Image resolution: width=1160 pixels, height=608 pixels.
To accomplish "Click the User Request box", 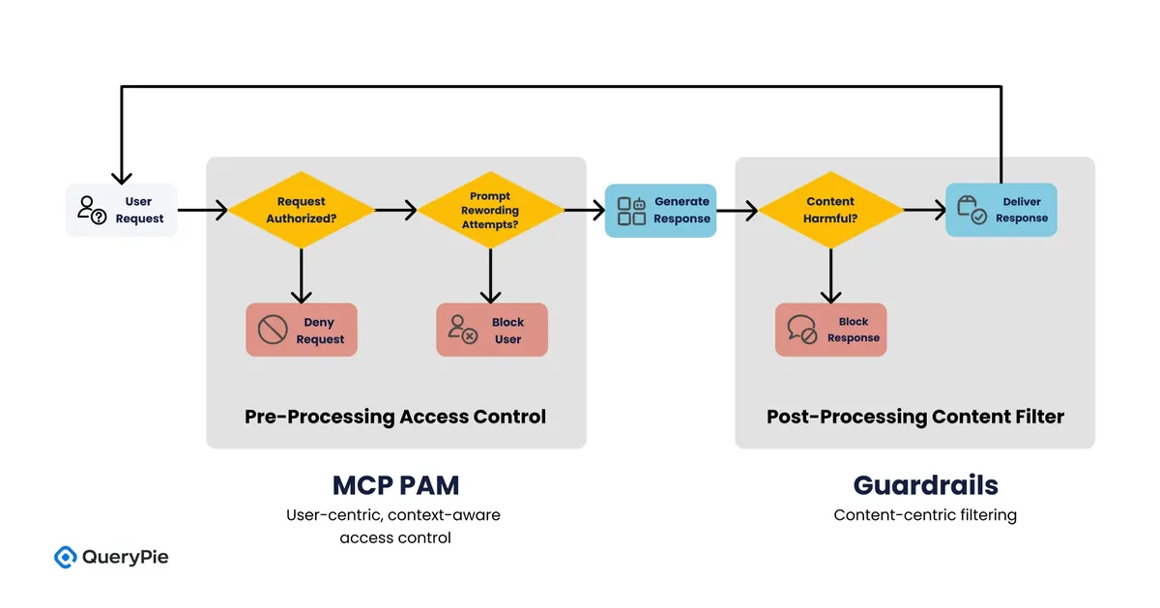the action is click(122, 210).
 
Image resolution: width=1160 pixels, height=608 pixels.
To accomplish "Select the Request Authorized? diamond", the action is click(302, 210).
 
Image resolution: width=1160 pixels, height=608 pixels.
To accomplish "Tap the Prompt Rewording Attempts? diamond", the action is click(490, 210).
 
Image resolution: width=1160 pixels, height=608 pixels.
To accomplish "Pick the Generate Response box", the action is click(661, 211).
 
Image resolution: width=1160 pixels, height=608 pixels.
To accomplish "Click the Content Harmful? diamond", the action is click(830, 210).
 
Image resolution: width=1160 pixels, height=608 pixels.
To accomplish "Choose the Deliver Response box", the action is click(1001, 210).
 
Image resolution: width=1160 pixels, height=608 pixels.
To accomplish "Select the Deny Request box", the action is click(302, 330).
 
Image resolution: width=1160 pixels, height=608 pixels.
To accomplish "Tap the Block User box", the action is click(492, 330).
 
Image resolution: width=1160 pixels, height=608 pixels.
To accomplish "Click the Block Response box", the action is click(831, 330).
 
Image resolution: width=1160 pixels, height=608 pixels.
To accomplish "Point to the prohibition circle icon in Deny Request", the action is click(273, 330).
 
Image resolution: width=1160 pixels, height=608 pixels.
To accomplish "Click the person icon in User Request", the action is click(92, 210).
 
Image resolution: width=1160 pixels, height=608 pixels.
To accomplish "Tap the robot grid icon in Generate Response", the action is click(632, 211).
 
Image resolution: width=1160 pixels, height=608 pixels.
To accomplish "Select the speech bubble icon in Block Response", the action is click(802, 330).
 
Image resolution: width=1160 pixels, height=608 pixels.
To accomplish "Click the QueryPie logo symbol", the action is click(66, 557).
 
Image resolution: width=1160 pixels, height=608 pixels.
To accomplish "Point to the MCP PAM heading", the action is click(396, 485).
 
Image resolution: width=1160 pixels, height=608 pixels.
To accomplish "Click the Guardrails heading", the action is click(926, 485).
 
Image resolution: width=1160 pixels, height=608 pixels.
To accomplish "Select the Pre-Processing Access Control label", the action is click(395, 417).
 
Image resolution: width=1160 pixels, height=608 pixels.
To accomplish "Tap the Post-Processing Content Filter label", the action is click(915, 417).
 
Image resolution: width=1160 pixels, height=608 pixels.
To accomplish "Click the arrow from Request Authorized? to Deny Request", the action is click(302, 276).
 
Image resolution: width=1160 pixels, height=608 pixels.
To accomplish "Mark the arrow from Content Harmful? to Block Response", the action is click(831, 276).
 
